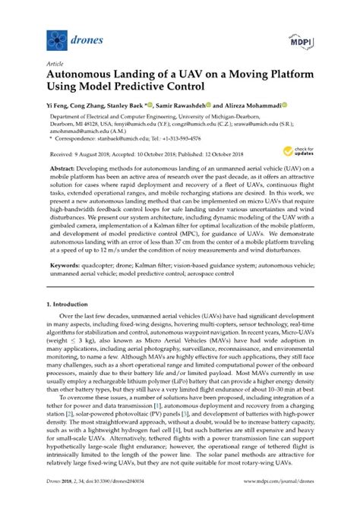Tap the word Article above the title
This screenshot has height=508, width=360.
[55, 65]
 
